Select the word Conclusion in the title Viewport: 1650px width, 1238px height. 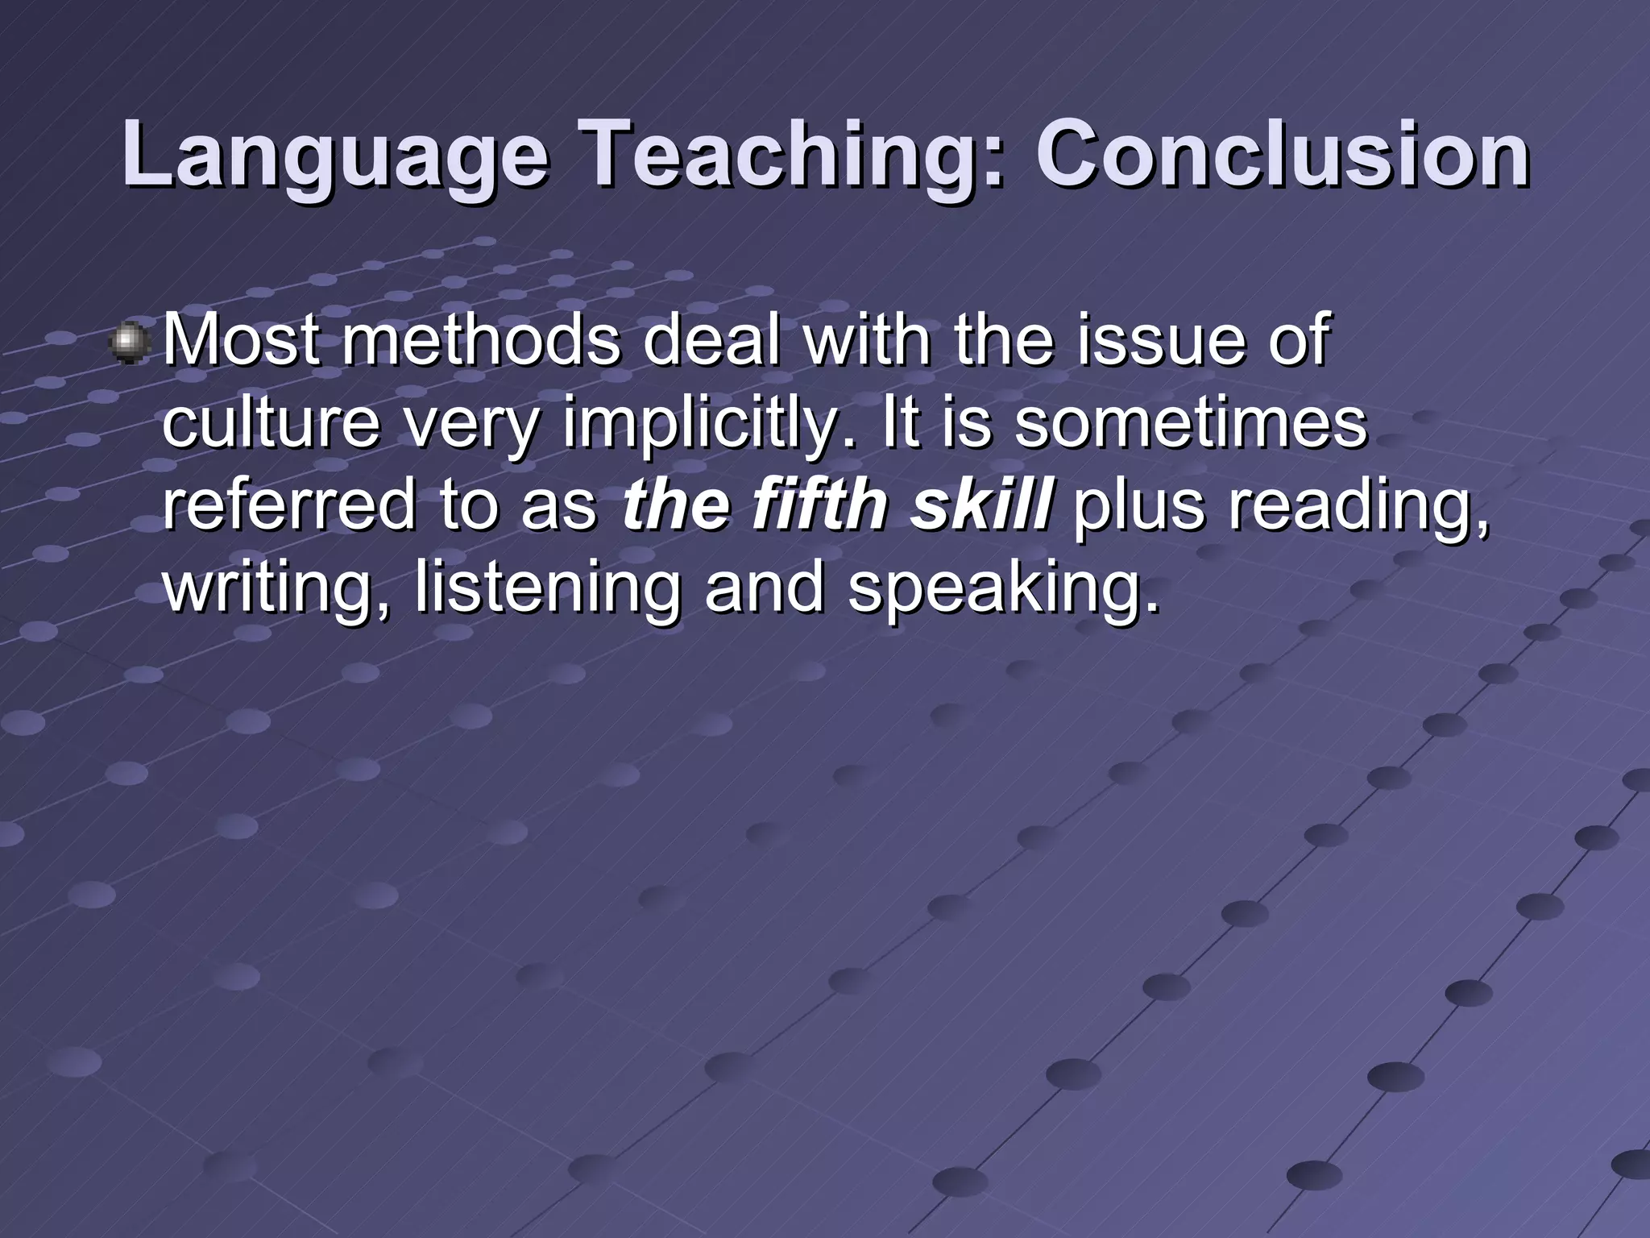[1283, 153]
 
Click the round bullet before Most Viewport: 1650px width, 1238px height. [129, 344]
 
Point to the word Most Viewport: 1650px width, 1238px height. [243, 341]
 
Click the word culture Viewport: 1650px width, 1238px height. [272, 424]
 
